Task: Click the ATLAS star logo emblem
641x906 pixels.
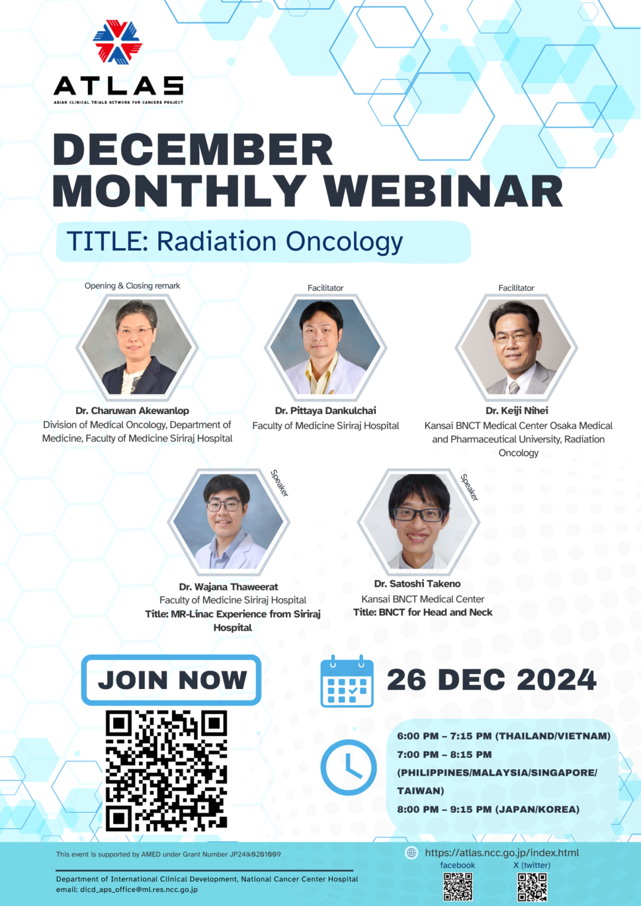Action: coord(117,42)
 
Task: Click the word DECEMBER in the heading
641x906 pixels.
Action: coord(193,150)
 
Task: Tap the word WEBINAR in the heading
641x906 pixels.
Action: coord(443,192)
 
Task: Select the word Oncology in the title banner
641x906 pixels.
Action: coord(344,242)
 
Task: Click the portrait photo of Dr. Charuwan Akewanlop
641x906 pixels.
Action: coord(137,347)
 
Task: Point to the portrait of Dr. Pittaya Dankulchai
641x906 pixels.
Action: coord(325,347)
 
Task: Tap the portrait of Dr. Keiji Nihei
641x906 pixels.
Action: coord(516,347)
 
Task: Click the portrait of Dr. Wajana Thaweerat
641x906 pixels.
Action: coord(228,521)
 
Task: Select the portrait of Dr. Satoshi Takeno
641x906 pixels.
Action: coord(418,521)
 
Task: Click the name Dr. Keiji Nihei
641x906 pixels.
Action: coord(516,411)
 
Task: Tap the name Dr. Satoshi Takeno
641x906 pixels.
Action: coord(417,584)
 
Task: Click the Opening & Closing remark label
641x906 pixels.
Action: coord(132,286)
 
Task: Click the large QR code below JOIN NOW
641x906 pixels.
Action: coord(166,770)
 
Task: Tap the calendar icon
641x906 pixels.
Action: coord(347,681)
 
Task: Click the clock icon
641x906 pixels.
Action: coord(348,767)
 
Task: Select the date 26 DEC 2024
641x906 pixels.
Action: coord(491,680)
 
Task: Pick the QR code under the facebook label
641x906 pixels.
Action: coord(457,887)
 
